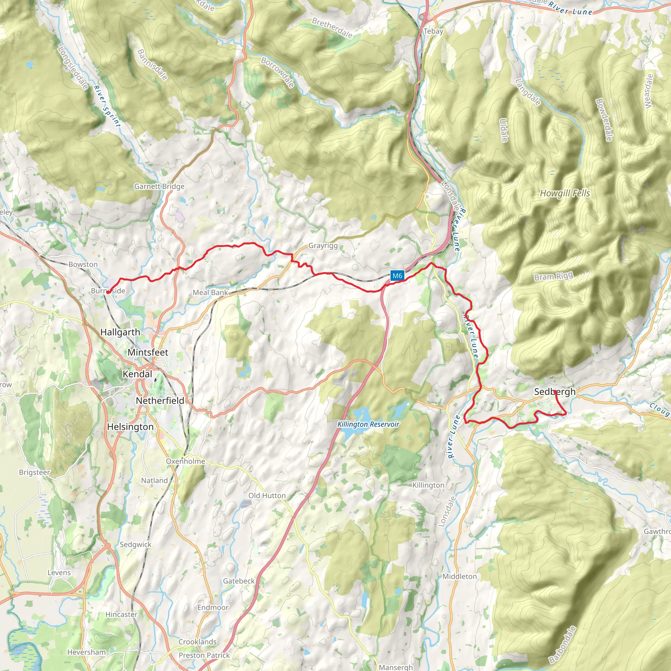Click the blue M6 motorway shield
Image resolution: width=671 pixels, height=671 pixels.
397,276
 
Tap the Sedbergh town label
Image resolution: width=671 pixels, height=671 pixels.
555,392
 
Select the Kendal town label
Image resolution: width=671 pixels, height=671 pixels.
138,374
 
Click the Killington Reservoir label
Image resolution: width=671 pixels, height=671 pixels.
368,424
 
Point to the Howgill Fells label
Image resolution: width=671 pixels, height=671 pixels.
565,193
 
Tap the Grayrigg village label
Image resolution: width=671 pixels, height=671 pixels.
323,245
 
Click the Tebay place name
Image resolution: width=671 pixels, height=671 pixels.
433,31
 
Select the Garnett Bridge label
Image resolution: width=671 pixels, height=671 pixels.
160,186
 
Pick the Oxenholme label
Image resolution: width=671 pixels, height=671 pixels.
185,461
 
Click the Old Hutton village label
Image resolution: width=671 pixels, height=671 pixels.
267,496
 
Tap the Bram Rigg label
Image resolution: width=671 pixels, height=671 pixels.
553,277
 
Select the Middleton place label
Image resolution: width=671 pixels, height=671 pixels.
459,577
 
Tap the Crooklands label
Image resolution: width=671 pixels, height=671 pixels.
198,642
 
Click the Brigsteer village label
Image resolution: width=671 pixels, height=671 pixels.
34,472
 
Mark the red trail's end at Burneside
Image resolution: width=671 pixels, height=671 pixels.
108,293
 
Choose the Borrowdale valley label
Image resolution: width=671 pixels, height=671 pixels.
278,72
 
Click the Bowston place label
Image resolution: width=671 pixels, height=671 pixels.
83,264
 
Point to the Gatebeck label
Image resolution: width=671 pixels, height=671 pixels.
239,581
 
